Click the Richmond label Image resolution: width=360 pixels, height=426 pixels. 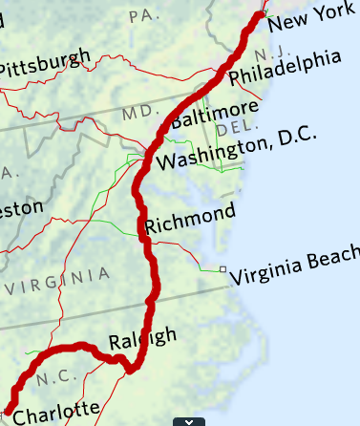[x=189, y=219]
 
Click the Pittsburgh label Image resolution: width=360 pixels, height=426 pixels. [x=44, y=64]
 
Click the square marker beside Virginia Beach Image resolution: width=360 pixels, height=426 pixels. [x=222, y=269]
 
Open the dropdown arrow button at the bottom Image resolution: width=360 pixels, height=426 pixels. [x=189, y=420]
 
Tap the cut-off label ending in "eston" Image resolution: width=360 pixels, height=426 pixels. [x=21, y=207]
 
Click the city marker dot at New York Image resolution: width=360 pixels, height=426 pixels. [x=264, y=14]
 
